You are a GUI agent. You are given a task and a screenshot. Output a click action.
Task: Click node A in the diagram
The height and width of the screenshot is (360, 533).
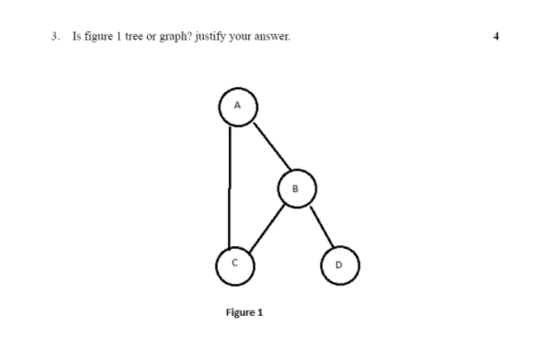(x=237, y=106)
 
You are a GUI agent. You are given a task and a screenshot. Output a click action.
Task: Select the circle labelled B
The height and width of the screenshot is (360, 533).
(x=295, y=189)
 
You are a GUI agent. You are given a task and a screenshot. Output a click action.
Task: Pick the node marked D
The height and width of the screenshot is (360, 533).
(x=338, y=265)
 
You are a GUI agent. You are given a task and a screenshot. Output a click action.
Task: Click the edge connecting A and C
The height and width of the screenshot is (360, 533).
(x=229, y=184)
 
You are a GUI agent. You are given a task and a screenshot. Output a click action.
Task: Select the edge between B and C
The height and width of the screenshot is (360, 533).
(x=265, y=226)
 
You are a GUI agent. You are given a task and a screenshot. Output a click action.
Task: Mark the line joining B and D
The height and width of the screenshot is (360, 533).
(x=317, y=228)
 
